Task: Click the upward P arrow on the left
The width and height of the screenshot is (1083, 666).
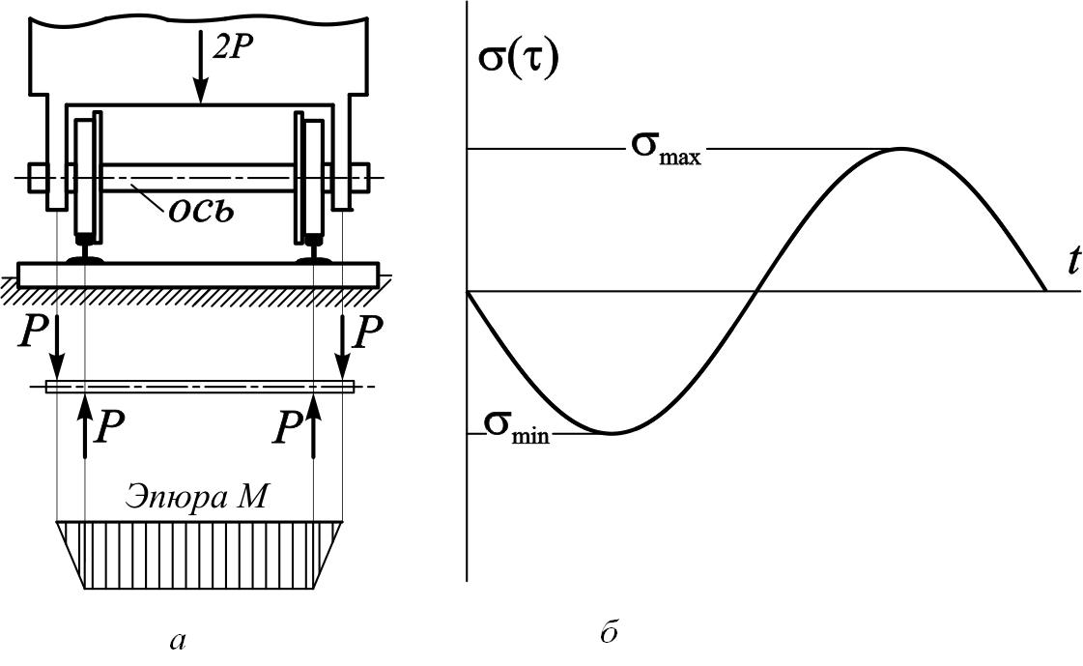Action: pyautogui.click(x=85, y=425)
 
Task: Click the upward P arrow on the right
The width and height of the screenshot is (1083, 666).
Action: pyautogui.click(x=314, y=425)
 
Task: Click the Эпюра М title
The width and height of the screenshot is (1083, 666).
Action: pyautogui.click(x=199, y=499)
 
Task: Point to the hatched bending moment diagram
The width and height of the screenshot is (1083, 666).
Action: pyautogui.click(x=199, y=555)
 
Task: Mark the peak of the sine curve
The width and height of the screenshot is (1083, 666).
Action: pyautogui.click(x=901, y=149)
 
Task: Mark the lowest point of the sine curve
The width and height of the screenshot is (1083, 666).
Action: pyautogui.click(x=611, y=433)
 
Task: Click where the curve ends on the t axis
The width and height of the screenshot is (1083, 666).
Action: pyautogui.click(x=1045, y=291)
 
